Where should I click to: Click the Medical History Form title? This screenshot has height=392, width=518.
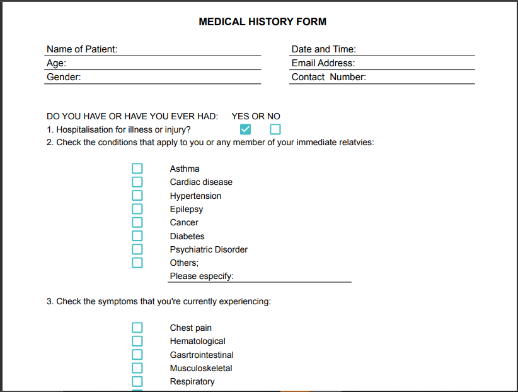tap(262, 21)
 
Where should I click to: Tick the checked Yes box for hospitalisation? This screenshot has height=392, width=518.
tap(246, 129)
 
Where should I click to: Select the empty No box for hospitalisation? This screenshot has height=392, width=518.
tap(275, 129)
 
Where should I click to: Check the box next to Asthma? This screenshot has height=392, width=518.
tap(137, 169)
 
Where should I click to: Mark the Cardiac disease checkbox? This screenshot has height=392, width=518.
tap(137, 182)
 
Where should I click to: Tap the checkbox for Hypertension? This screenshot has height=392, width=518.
tap(137, 196)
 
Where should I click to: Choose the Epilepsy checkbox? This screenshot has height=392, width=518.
tap(137, 209)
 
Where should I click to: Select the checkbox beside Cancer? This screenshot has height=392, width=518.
tap(137, 222)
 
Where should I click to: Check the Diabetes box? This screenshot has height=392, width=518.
tap(137, 236)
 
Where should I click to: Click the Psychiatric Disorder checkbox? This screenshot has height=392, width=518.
tap(137, 249)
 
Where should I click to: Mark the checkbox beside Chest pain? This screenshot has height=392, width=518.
tap(137, 328)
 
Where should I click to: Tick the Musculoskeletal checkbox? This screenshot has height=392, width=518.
tap(137, 368)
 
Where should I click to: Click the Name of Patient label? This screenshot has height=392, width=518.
tap(82, 49)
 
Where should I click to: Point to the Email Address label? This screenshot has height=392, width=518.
tap(323, 63)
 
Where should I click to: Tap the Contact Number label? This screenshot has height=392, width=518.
tap(328, 77)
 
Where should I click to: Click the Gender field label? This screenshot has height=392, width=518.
tap(64, 77)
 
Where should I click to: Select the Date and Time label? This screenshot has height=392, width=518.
tap(323, 49)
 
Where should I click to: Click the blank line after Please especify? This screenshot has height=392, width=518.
tap(292, 276)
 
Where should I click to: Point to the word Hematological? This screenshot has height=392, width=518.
tap(197, 342)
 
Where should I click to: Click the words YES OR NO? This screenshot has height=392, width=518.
tap(256, 116)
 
